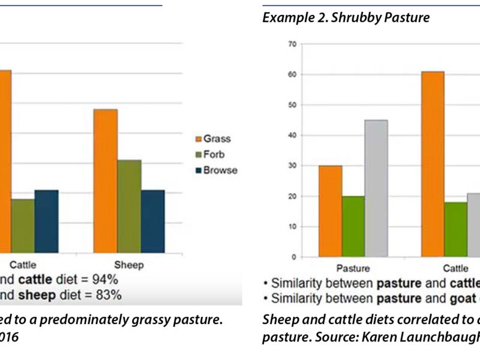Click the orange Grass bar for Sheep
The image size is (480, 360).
point(105,181)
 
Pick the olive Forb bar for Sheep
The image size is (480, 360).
point(129,206)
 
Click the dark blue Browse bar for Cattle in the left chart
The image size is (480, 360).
point(46,221)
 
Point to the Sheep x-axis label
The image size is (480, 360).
point(129,265)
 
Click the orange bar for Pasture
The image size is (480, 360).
point(330,211)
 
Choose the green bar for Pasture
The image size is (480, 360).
point(353,226)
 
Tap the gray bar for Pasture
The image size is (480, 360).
point(376,188)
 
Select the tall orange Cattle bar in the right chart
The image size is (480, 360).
point(433,164)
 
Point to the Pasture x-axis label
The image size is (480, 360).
point(353,269)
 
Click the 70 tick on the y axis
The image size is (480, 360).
point(292,44)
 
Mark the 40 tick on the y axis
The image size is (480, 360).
point(292,135)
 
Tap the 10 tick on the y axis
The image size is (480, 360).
point(292,227)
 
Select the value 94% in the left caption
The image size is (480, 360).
point(106,280)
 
